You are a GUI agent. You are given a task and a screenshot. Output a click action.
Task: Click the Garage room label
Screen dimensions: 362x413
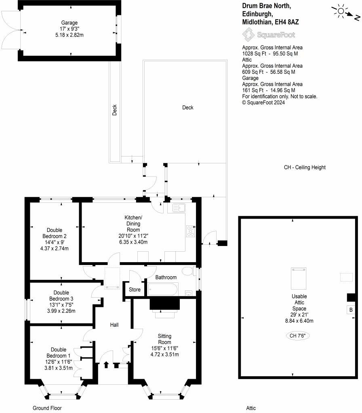(x=69, y=23)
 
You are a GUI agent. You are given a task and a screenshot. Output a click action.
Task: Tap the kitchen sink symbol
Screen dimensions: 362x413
(x=179, y=208)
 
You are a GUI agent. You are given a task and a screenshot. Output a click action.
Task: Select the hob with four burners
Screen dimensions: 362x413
(x=191, y=231)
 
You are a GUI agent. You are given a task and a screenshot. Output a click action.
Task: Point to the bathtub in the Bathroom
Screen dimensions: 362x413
(x=163, y=289)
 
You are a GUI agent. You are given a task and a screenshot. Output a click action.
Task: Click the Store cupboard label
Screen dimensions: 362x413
(x=135, y=290)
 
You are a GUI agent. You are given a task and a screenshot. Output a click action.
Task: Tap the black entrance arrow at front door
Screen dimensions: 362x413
(x=106, y=365)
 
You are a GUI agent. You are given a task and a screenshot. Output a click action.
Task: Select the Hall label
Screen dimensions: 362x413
(x=114, y=325)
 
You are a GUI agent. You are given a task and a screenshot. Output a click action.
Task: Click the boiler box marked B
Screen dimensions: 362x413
(x=351, y=310)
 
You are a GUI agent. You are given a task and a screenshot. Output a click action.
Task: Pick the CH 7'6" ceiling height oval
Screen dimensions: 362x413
(x=298, y=336)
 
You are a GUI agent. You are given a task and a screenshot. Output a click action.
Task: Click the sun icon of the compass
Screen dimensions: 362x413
(x=341, y=11)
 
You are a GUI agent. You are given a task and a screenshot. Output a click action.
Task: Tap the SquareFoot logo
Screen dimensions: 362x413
(x=269, y=35)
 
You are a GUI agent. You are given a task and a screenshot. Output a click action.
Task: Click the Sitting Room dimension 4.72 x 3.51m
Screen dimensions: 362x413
(x=165, y=354)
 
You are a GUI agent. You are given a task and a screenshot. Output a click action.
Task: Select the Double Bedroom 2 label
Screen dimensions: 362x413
(x=55, y=233)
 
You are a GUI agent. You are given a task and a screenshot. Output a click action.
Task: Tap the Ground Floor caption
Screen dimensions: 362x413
(x=47, y=408)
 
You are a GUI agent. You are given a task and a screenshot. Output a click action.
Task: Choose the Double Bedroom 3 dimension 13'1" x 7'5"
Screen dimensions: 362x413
(x=61, y=305)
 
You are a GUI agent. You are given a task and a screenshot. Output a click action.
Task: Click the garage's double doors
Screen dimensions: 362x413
(x=11, y=30)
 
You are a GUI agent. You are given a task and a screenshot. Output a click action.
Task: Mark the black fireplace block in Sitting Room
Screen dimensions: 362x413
(x=165, y=304)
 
